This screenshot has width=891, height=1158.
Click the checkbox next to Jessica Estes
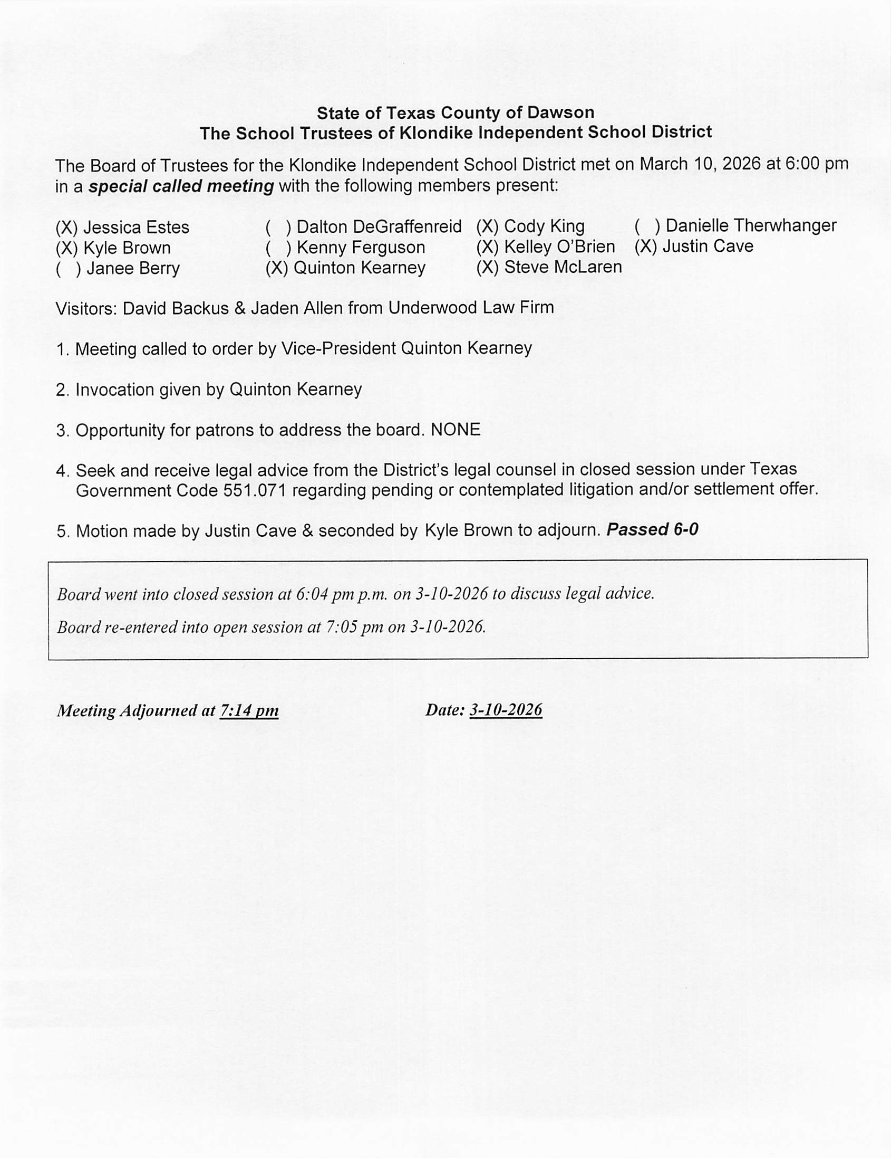[x=67, y=228]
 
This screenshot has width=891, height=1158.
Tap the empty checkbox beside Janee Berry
[x=68, y=269]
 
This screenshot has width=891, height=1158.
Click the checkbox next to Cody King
[x=487, y=227]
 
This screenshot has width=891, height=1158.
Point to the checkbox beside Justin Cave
[x=646, y=246]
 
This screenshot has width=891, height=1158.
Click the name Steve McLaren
[x=563, y=267]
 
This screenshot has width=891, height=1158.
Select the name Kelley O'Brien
[x=559, y=247]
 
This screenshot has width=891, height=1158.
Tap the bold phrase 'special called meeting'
[x=181, y=187]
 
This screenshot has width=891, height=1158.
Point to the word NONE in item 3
[x=456, y=430]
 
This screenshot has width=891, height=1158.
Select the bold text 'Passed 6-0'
[x=652, y=530]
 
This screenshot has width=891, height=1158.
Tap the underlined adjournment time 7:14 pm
[x=249, y=710]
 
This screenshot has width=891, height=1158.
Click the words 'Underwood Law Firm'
[x=471, y=308]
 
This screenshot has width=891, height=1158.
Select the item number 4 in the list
[x=62, y=471]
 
